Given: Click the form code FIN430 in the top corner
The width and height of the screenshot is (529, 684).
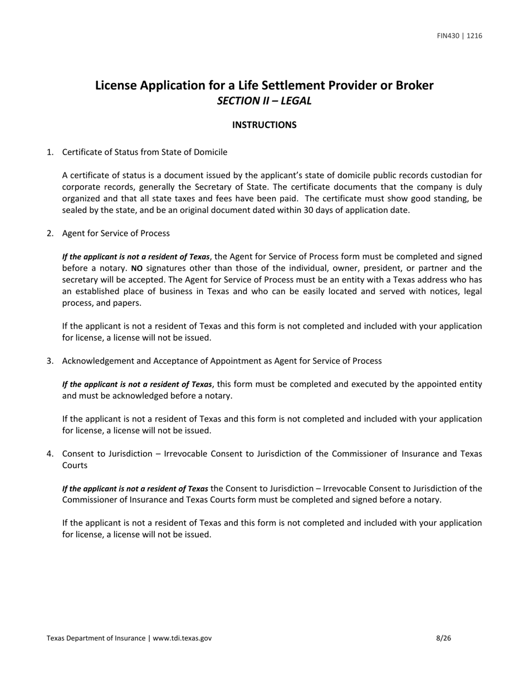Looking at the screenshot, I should point(448,36).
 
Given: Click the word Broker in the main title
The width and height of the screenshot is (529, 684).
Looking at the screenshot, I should point(414,86).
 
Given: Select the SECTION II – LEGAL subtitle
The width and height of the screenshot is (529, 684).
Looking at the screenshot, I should point(264,101).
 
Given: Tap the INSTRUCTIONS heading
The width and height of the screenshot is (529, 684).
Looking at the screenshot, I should point(264,125).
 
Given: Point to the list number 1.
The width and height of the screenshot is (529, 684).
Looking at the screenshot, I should point(50,152).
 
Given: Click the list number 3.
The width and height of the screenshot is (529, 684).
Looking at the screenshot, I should point(50,361).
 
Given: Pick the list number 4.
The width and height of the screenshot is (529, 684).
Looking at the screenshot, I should point(50,454).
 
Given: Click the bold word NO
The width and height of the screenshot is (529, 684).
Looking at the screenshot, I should point(136,268).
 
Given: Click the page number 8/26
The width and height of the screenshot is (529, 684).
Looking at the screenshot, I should point(443,638).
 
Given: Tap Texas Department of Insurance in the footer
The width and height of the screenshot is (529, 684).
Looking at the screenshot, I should point(96,638).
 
